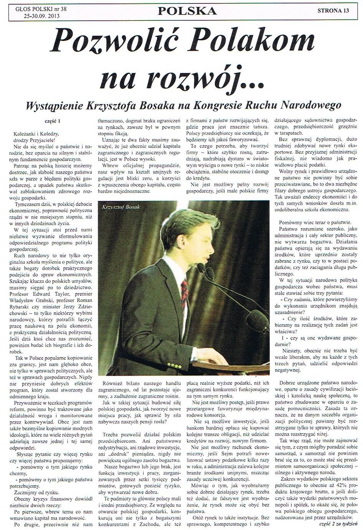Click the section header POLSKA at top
tap(187, 11)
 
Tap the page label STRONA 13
tap(333, 11)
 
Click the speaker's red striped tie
tap(184, 292)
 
